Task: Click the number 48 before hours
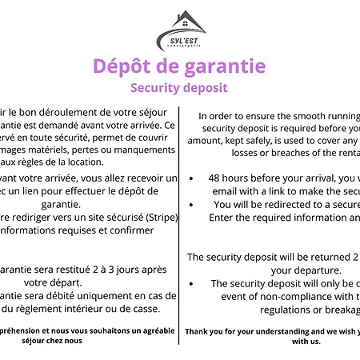214,178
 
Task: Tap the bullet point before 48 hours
193,178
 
